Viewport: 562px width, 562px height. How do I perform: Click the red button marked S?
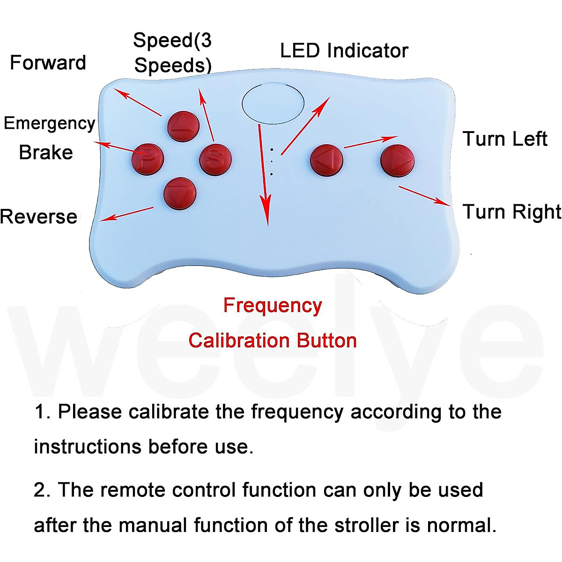pos(215,159)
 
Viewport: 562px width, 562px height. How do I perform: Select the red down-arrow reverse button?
pos(180,192)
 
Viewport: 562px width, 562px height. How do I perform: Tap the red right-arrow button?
pos(397,160)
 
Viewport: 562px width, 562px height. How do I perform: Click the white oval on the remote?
pos(273,103)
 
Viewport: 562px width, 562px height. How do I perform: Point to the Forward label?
pos(48,63)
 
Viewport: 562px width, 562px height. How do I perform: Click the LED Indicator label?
pos(344,51)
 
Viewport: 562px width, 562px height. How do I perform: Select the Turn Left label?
pos(505,139)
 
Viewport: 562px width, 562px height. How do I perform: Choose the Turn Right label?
pos(511,212)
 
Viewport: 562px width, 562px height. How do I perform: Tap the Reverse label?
pos(39,217)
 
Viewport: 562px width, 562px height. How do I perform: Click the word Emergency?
pos(49,123)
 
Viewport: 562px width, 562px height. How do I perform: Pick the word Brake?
pos(46,153)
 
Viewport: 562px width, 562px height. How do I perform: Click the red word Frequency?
pos(273,305)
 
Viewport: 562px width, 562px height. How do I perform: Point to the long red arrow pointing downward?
pos(264,173)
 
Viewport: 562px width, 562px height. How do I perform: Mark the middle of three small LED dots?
pos(272,162)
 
